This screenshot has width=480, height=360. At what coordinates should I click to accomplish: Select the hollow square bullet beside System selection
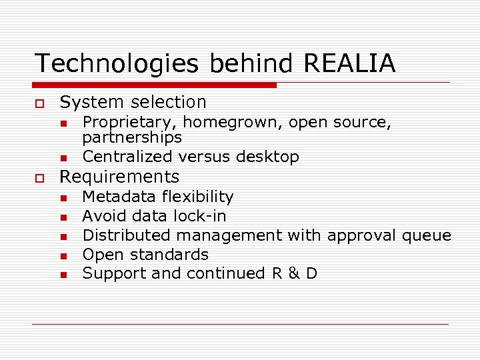40,103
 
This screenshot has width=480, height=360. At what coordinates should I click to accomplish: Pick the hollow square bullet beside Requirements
40,177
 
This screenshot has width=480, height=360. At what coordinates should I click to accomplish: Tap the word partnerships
132,138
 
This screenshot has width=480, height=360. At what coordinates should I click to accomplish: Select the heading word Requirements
120,177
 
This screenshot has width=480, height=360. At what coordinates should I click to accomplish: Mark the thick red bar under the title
155,85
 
